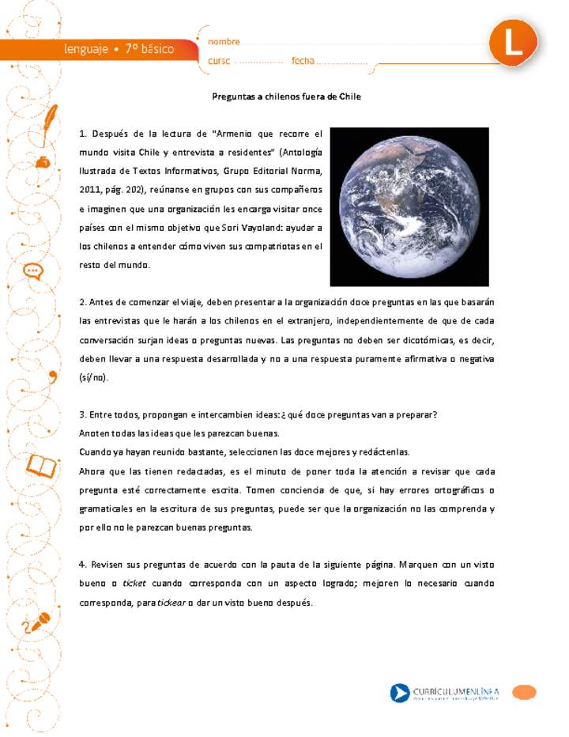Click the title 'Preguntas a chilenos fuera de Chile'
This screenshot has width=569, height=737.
[286, 96]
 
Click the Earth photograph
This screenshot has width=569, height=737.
[409, 206]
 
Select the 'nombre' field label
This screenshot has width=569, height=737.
[224, 42]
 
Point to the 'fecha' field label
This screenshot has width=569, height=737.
[303, 61]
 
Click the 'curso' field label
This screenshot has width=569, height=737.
[220, 61]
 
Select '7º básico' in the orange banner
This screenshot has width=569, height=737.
[149, 49]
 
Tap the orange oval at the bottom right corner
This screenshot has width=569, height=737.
[524, 693]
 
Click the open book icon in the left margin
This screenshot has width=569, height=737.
[42, 467]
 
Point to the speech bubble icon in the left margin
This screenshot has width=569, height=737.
[33, 271]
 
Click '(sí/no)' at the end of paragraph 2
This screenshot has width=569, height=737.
[94, 377]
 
